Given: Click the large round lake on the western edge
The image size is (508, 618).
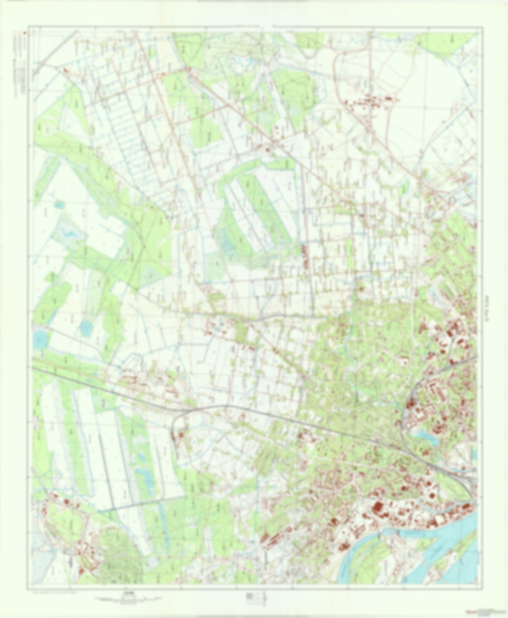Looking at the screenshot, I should [x=40, y=339].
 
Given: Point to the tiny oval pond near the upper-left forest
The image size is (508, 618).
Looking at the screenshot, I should [x=59, y=204].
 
